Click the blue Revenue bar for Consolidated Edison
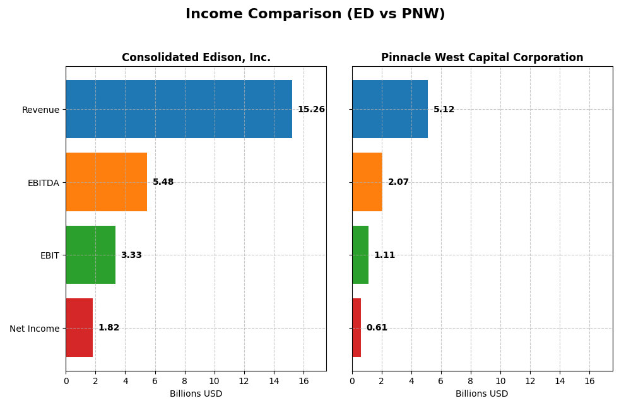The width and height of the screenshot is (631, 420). point(179,109)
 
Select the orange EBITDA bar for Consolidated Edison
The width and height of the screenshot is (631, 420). point(106,182)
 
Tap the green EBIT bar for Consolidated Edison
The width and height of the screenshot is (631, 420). point(90,255)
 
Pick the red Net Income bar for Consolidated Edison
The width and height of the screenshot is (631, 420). point(79,328)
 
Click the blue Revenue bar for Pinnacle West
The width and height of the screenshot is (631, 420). point(390,109)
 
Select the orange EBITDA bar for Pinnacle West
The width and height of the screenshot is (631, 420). point(367,182)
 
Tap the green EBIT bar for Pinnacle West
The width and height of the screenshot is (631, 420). point(360,255)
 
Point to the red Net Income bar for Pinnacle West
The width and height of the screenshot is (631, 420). point(357,328)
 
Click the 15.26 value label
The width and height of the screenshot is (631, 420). point(311,110)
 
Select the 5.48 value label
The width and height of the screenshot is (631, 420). point(163,182)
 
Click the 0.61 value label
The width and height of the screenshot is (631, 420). point(377,328)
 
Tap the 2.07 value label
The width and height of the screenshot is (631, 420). point(398,182)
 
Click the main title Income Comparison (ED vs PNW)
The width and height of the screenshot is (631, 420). point(315,14)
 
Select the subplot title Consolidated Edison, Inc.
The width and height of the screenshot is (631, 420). point(196,58)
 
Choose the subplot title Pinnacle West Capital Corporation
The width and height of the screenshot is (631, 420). point(482,58)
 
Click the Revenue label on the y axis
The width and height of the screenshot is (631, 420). point(40,110)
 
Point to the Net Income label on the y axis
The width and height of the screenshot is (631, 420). point(34,329)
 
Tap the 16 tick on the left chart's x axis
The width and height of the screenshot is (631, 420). point(304,382)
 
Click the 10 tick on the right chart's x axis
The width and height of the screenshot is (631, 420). point(500,382)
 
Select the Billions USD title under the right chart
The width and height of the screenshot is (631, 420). point(482,394)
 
